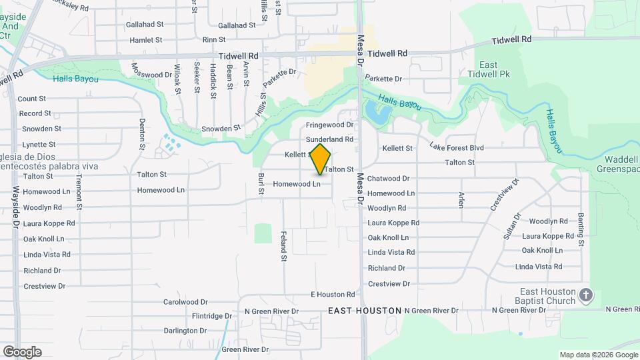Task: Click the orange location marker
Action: point(321,159)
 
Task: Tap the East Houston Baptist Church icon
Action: point(586,295)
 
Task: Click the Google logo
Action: point(22,351)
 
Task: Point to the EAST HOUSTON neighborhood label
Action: point(365,311)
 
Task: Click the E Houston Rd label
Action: point(333,294)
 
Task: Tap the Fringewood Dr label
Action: point(329,125)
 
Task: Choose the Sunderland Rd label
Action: point(329,139)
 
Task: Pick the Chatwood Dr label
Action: point(388,179)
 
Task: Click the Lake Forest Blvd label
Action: point(457,147)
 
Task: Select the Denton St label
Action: point(142,133)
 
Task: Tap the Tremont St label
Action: point(79,193)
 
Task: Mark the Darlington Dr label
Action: point(185,331)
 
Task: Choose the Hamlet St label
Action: point(146,40)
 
